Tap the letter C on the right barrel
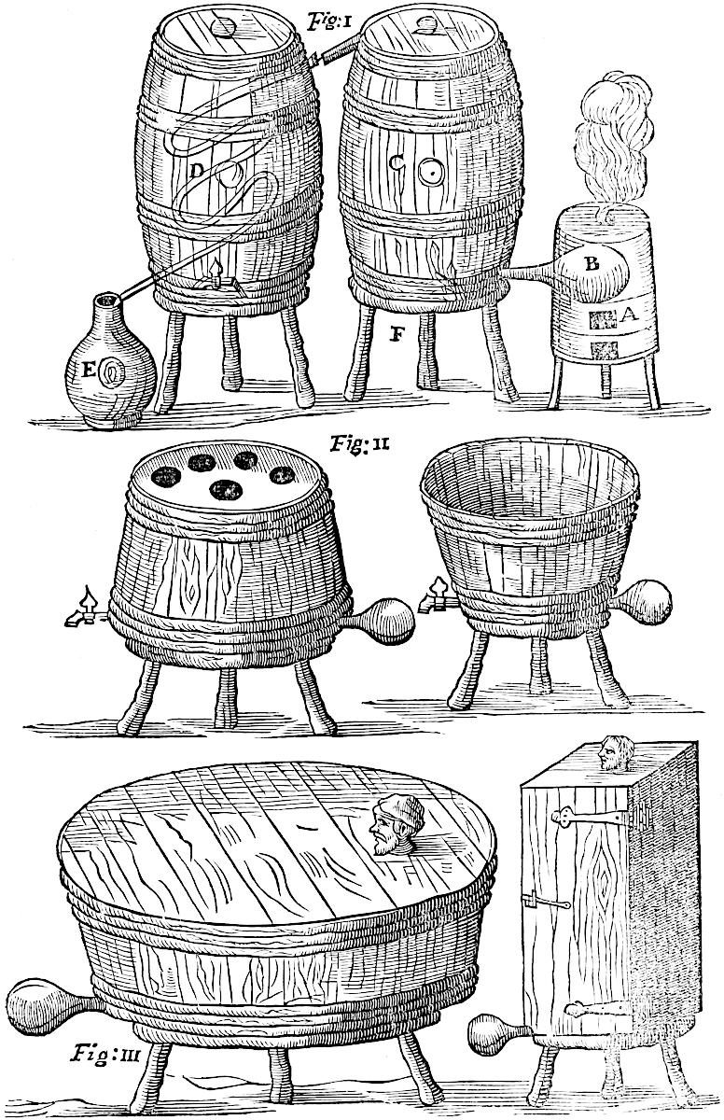tap(397, 165)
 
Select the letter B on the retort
tap(591, 264)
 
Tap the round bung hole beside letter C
tap(431, 172)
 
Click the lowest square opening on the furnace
tap(602, 350)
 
